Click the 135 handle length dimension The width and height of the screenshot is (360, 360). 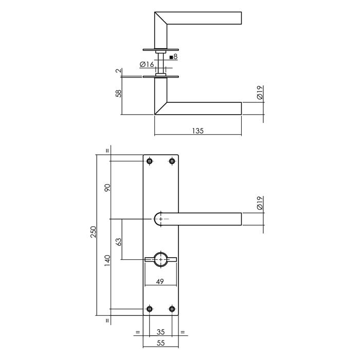click(198, 131)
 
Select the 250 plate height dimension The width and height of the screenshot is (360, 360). click(92, 235)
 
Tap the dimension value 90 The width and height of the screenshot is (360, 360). click(107, 187)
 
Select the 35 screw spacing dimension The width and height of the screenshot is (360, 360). click(160, 332)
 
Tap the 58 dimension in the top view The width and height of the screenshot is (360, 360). click(118, 94)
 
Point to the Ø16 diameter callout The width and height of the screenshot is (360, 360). click(147, 64)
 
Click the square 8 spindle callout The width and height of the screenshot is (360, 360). click(173, 57)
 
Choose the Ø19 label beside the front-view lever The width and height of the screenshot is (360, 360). click(260, 203)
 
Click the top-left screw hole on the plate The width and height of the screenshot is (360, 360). click(150, 161)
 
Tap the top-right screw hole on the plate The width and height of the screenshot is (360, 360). click(172, 161)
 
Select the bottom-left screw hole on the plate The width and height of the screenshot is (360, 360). click(150, 309)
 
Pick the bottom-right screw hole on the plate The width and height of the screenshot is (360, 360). click(172, 309)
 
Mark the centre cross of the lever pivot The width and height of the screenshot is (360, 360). click(161, 220)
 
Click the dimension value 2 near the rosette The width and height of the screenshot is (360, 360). click(118, 71)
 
